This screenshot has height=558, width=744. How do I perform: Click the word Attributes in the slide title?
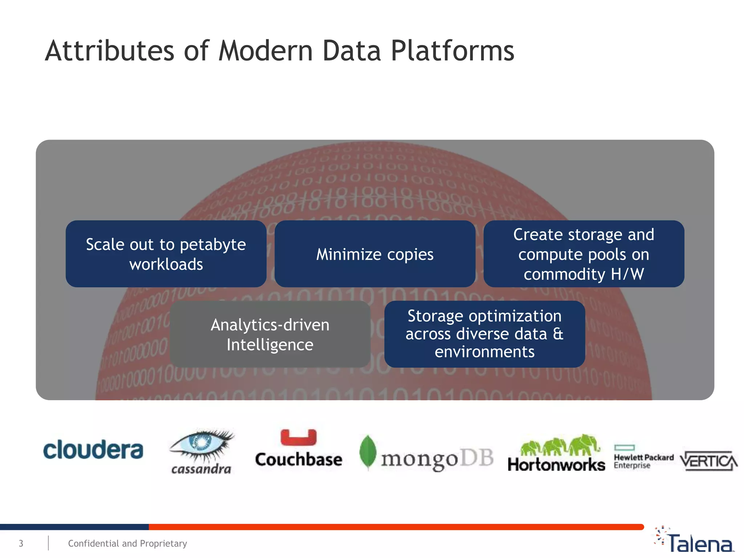click(x=109, y=51)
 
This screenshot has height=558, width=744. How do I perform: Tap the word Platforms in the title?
click(x=452, y=51)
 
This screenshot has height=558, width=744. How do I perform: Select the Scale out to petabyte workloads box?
click(x=166, y=254)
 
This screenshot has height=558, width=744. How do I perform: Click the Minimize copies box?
click(x=375, y=254)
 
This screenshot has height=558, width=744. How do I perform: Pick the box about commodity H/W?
click(x=584, y=254)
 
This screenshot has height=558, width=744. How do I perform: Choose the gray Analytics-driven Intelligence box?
click(x=270, y=334)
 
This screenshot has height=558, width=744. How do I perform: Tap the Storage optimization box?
click(x=485, y=334)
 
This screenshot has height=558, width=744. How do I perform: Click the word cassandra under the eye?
click(x=201, y=469)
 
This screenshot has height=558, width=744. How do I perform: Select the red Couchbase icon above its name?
click(x=299, y=437)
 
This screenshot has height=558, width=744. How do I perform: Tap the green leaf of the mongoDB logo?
click(x=368, y=452)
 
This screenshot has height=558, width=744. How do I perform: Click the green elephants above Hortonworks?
click(x=559, y=445)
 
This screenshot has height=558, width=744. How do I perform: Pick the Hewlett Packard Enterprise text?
click(x=643, y=461)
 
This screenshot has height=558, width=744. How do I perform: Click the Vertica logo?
click(x=708, y=461)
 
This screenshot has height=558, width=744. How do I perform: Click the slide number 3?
click(x=21, y=543)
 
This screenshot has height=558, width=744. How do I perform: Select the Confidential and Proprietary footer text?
click(x=128, y=543)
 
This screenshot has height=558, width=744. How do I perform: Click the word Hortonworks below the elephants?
click(x=556, y=465)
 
